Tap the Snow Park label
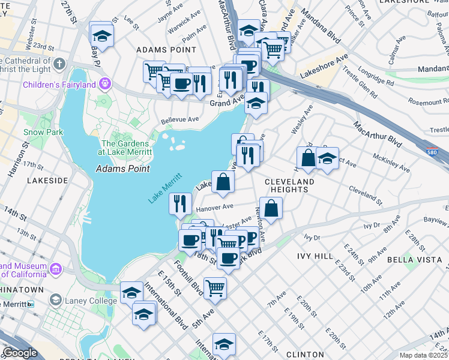tap(38, 132)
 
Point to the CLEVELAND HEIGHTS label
tap(291, 185)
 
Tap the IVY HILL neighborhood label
tap(315, 256)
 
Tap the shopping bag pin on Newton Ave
tap(271, 209)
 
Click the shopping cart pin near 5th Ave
tap(215, 287)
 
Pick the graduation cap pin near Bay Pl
tap(101, 35)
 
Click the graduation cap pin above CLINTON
tap(224, 344)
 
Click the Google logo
tap(20, 353)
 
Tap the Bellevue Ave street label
tap(179, 119)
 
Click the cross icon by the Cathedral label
tap(59, 64)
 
